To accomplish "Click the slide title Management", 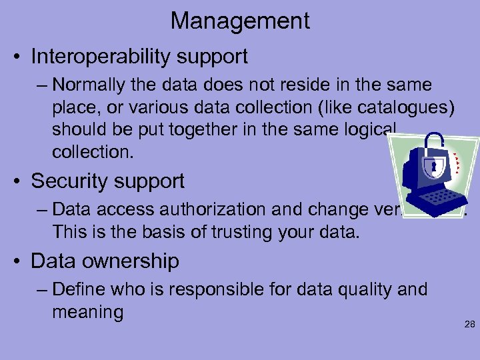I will pos(240,21).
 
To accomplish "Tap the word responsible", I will pos(231,289).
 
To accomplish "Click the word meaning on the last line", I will pos(87,311).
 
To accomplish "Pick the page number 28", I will pos(469,325).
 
